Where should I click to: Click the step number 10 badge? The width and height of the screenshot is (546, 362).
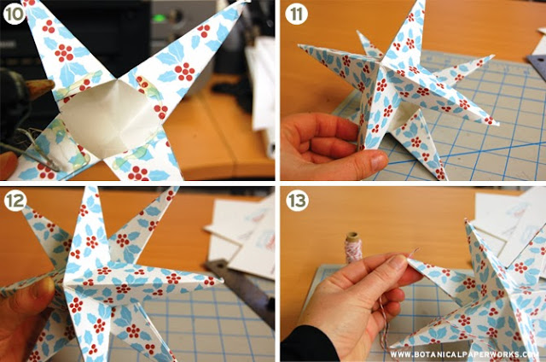14,14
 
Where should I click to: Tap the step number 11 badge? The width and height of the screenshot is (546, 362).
296,14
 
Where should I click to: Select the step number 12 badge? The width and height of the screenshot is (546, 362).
15,201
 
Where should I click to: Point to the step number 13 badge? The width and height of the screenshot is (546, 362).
298,201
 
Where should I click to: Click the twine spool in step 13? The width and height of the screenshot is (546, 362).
353,248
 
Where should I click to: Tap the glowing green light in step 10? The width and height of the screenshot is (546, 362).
160,18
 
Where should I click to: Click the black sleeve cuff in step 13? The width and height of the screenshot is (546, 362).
307,345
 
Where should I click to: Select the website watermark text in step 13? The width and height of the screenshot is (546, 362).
464,354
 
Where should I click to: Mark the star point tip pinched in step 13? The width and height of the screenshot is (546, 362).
409,260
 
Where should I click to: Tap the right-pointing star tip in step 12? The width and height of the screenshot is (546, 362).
222,279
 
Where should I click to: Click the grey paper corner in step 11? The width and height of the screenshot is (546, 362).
537,61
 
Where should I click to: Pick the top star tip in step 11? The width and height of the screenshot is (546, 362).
423,2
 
